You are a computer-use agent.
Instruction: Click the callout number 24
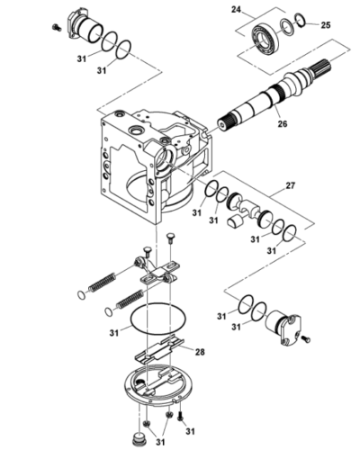237,12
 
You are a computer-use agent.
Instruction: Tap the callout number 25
326,26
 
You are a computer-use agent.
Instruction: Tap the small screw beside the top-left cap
56,30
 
